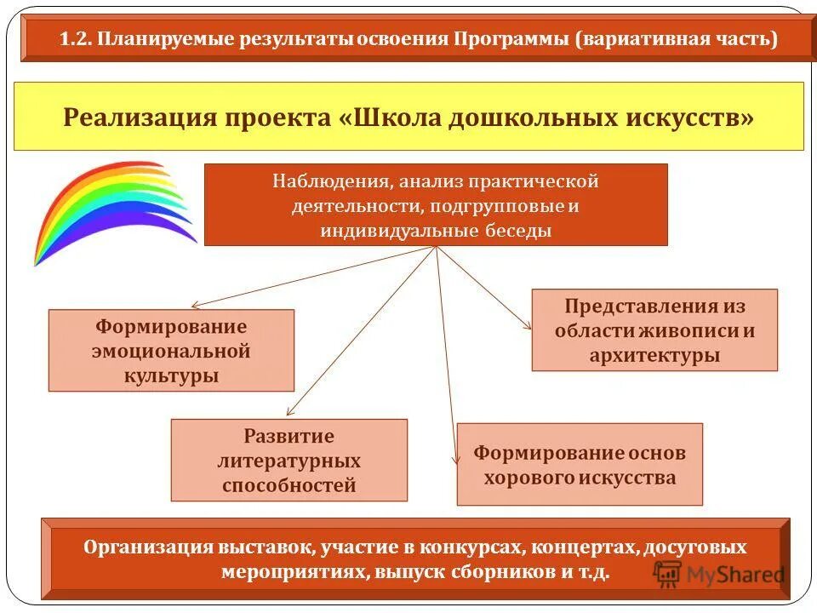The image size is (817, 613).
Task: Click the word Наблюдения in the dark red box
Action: tap(331, 181)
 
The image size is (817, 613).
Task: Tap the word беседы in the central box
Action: tap(519, 231)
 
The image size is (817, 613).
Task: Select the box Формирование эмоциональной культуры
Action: tap(171, 350)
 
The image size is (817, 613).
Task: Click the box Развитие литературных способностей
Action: tap(289, 460)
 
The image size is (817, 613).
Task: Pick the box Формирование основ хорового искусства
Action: tap(580, 465)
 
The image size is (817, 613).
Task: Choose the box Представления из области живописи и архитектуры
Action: tap(654, 330)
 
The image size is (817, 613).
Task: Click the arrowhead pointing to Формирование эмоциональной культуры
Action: tap(196, 305)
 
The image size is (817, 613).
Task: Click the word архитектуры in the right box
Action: tap(654, 355)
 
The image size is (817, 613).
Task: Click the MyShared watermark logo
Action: tap(719, 574)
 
